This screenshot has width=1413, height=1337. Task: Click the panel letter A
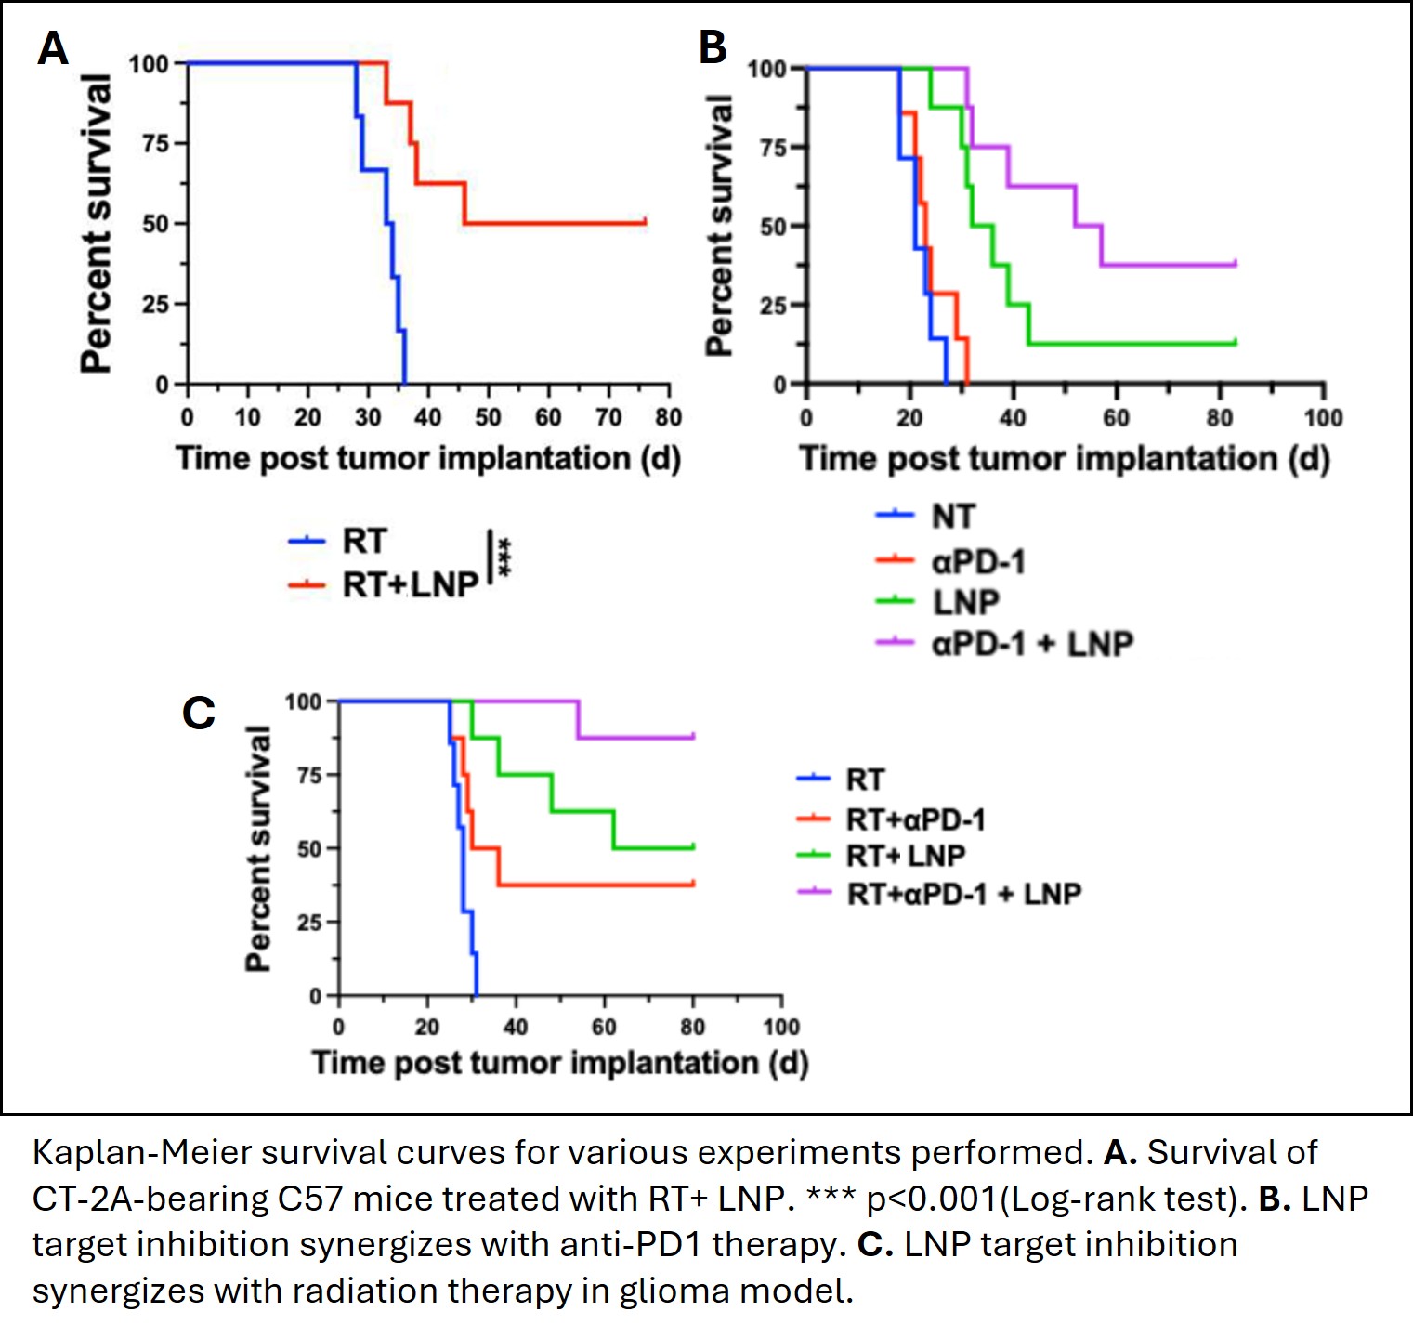pyautogui.click(x=53, y=48)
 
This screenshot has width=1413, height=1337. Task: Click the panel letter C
pyautogui.click(x=199, y=714)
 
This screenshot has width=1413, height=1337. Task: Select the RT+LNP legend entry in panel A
pyautogui.click(x=410, y=584)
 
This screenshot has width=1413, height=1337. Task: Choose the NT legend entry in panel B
pyautogui.click(x=953, y=516)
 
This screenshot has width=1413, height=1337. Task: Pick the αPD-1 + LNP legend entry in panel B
pyautogui.click(x=1031, y=643)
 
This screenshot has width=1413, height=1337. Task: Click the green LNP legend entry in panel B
pyautogui.click(x=965, y=602)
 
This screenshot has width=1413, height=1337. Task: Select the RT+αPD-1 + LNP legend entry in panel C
pyautogui.click(x=963, y=894)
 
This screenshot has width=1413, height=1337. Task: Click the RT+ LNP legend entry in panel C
pyautogui.click(x=905, y=855)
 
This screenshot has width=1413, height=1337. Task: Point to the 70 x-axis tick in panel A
pyautogui.click(x=608, y=417)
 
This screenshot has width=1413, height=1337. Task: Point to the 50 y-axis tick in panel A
pyautogui.click(x=157, y=224)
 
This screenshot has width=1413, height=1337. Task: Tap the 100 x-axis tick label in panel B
pyautogui.click(x=1323, y=418)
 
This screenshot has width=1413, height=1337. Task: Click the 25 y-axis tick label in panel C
pyautogui.click(x=309, y=923)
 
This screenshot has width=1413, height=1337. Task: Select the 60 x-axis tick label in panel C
pyautogui.click(x=604, y=1027)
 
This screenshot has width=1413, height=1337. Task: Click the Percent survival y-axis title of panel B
pyautogui.click(x=719, y=225)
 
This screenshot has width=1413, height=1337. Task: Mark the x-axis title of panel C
pyautogui.click(x=559, y=1062)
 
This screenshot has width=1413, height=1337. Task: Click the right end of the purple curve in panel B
pyautogui.click(x=1236, y=264)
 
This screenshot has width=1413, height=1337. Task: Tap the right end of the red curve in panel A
pyautogui.click(x=645, y=222)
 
